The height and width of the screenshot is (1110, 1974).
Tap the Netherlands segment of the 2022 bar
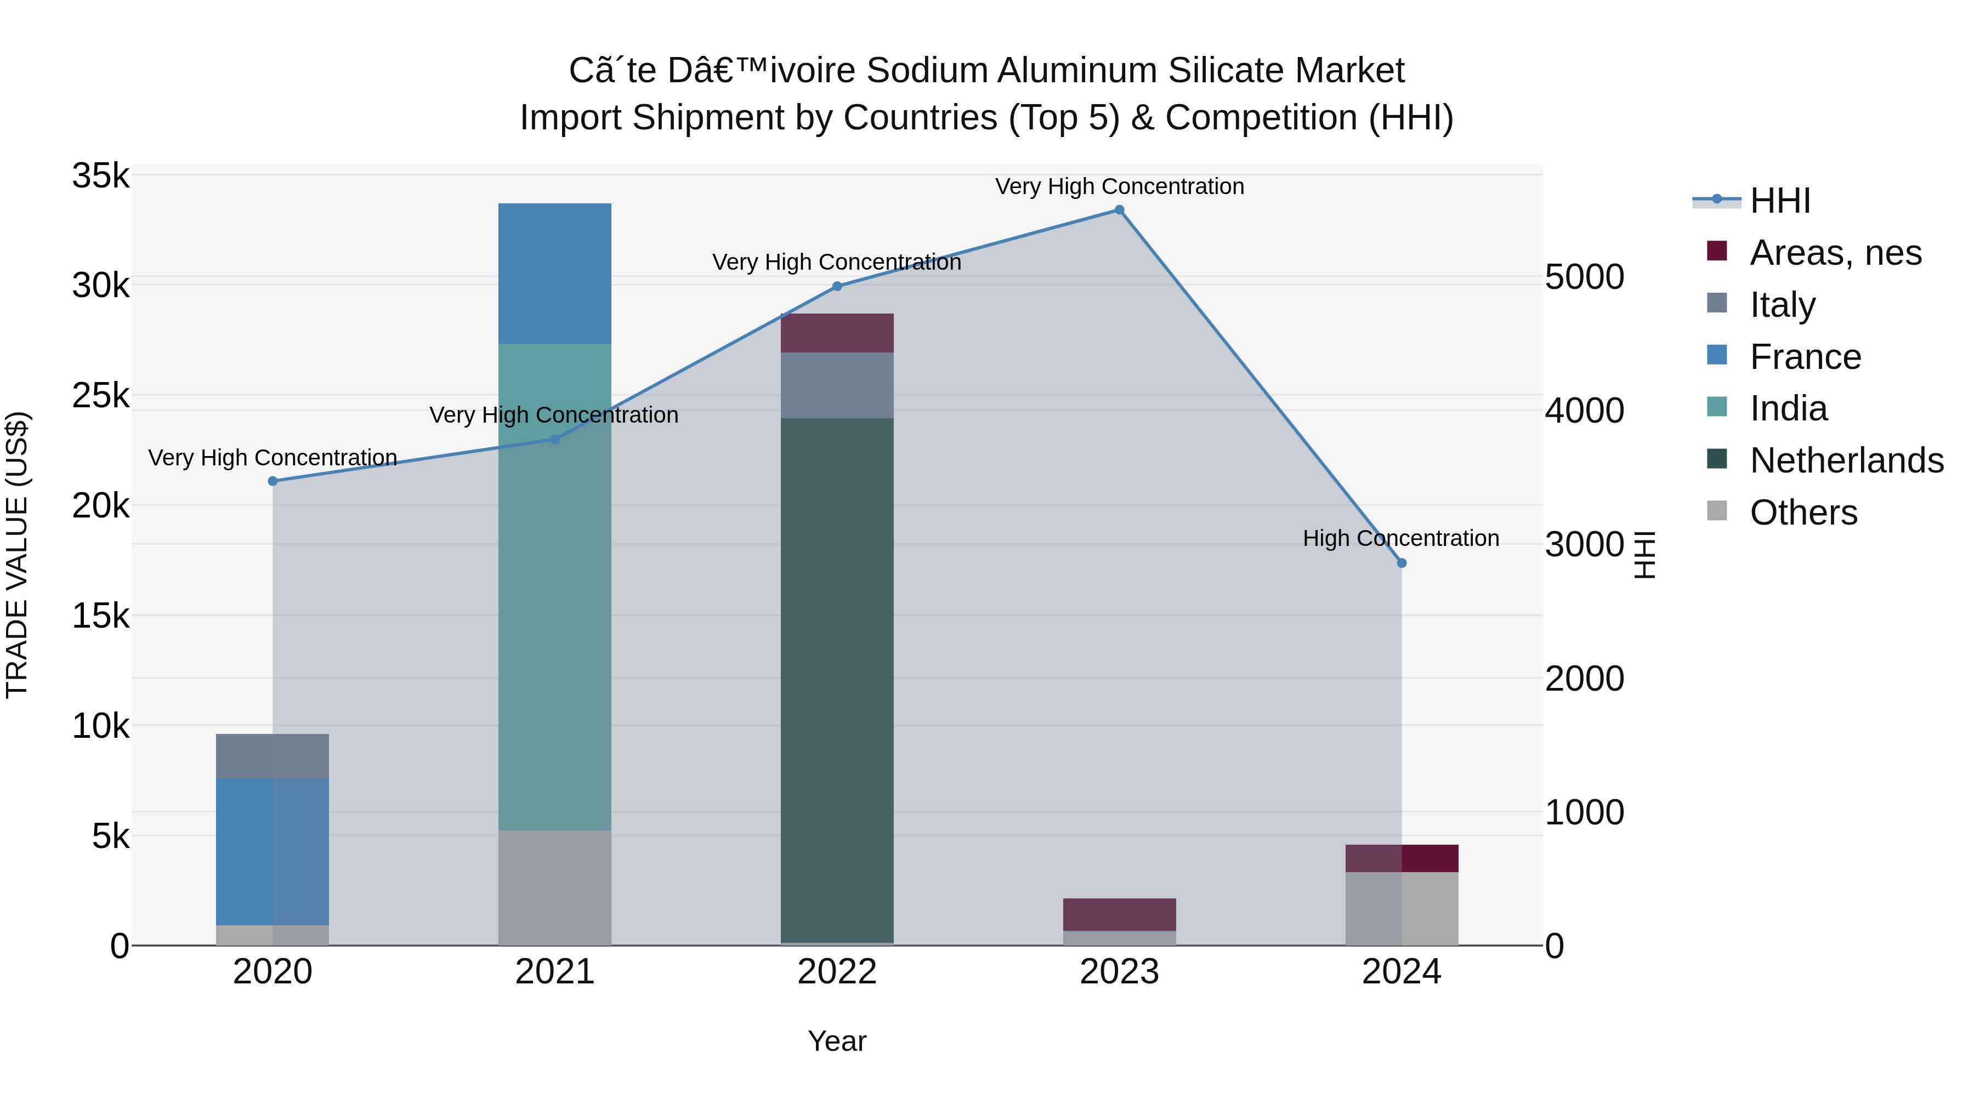click(x=837, y=680)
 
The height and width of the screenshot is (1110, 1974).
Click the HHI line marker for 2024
click(x=1402, y=563)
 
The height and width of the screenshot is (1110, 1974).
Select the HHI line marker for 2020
click(x=273, y=481)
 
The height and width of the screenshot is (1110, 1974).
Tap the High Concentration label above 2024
click(x=1401, y=538)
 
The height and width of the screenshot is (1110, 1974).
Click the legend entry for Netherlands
click(x=1846, y=460)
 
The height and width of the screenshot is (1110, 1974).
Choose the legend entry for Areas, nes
click(x=1835, y=253)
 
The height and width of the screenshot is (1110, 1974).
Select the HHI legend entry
click(x=1779, y=201)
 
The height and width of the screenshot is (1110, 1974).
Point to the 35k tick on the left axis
click(x=100, y=176)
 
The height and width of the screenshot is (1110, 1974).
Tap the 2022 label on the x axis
click(x=837, y=972)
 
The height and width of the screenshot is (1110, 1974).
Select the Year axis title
click(x=837, y=1041)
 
